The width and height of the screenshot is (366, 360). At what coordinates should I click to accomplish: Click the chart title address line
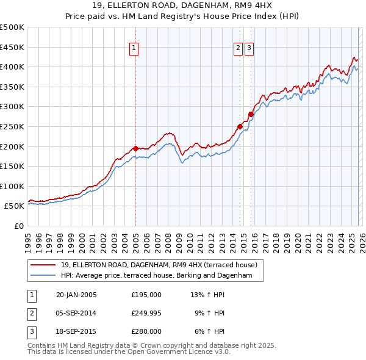[x=183, y=7]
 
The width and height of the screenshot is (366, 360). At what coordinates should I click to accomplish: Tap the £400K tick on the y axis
[x=12, y=67]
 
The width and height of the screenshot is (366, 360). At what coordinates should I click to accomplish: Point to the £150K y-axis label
[x=12, y=166]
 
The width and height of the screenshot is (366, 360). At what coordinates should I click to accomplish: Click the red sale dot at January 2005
[x=135, y=148]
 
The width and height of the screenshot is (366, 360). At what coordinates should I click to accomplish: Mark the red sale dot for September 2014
[x=240, y=126]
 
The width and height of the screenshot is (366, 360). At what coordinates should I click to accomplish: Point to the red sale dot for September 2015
[x=251, y=114]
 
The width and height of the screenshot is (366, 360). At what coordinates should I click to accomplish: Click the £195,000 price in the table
[x=146, y=295]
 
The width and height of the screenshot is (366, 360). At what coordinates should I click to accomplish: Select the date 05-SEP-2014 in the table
[x=76, y=313]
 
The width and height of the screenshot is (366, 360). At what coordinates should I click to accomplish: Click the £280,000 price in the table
[x=146, y=331]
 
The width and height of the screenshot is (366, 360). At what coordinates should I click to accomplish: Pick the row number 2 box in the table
[x=32, y=313]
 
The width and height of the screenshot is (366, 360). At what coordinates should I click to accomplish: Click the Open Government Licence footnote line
[x=129, y=352]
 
